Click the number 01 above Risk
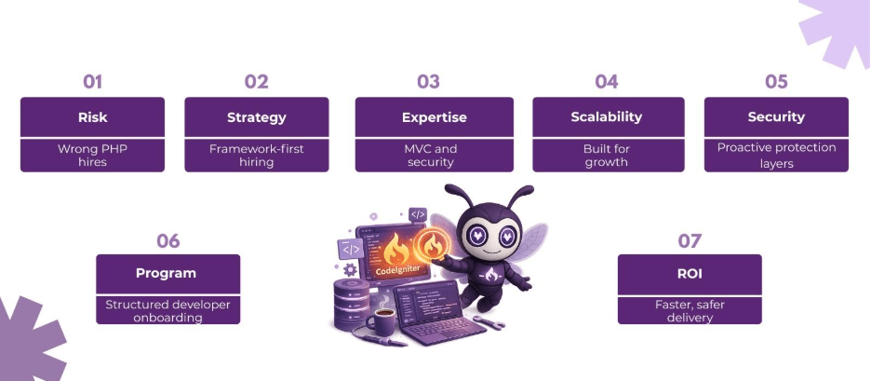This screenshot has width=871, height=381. tap(92, 82)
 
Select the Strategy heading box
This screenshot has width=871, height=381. tap(256, 117)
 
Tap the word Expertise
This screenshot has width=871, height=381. tap(434, 117)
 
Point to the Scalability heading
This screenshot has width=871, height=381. tap(607, 117)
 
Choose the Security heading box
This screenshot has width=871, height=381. tap(776, 117)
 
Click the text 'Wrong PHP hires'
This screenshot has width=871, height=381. tap(92, 155)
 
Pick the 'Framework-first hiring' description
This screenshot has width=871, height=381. tap(256, 155)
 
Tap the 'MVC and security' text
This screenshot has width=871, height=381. tap(434, 155)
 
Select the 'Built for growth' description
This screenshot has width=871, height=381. tap(607, 155)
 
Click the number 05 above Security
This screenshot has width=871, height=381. tap(776, 82)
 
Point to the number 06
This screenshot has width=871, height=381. tap(167, 241)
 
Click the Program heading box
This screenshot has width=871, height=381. tap(167, 274)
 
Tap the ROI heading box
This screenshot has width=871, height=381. tap(690, 274)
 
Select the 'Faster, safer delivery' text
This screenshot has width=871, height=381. tap(690, 310)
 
